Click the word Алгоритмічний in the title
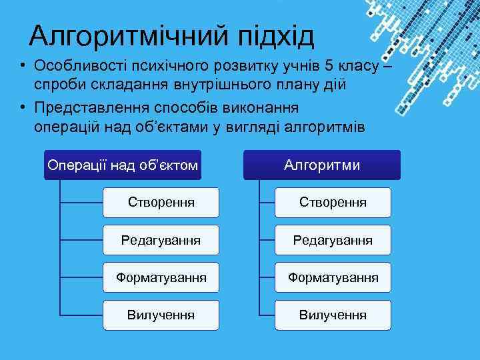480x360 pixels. (x=125, y=37)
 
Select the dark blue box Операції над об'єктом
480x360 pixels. (x=122, y=165)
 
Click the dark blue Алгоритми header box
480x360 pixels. (x=322, y=165)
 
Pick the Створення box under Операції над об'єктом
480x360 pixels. (x=161, y=201)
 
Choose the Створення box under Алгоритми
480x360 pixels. (x=333, y=201)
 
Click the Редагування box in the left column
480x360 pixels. (x=161, y=239)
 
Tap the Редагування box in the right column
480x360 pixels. (x=333, y=239)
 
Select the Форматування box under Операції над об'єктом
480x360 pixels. (x=161, y=277)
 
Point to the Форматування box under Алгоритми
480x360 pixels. (x=333, y=277)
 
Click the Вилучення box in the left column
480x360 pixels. (x=161, y=314)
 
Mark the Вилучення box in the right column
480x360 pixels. (x=333, y=314)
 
